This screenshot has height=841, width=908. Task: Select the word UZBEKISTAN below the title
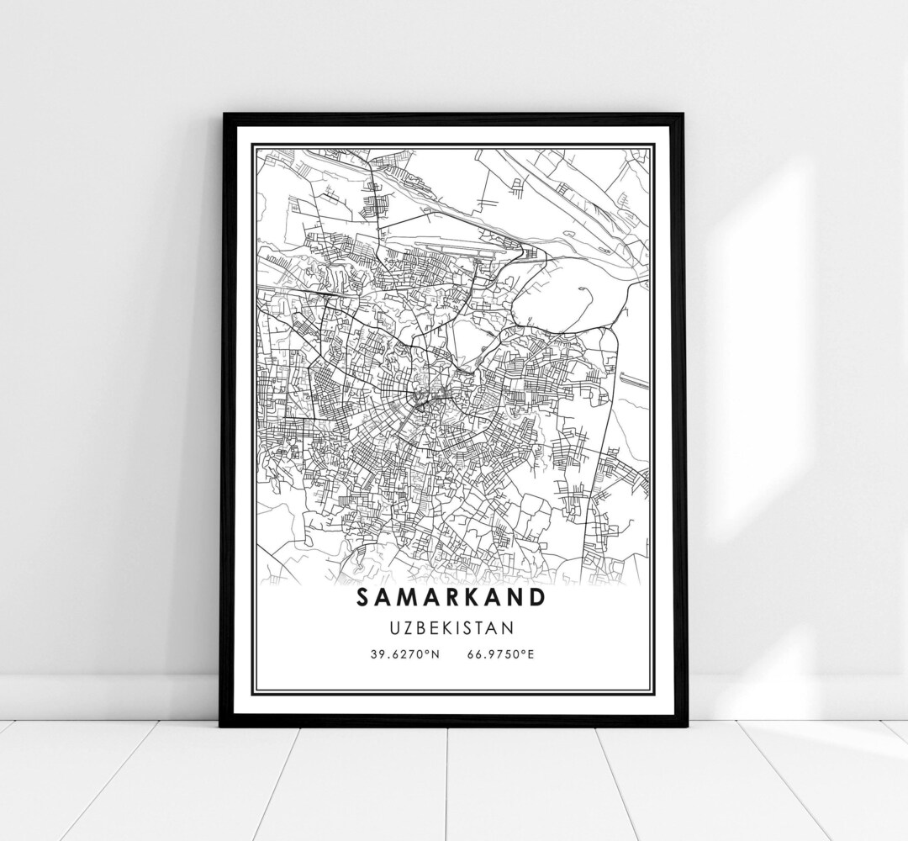click(451, 627)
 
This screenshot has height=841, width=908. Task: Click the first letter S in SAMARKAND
click(363, 597)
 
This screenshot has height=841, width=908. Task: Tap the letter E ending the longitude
click(531, 653)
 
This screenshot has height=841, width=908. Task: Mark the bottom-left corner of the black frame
click(222, 724)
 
